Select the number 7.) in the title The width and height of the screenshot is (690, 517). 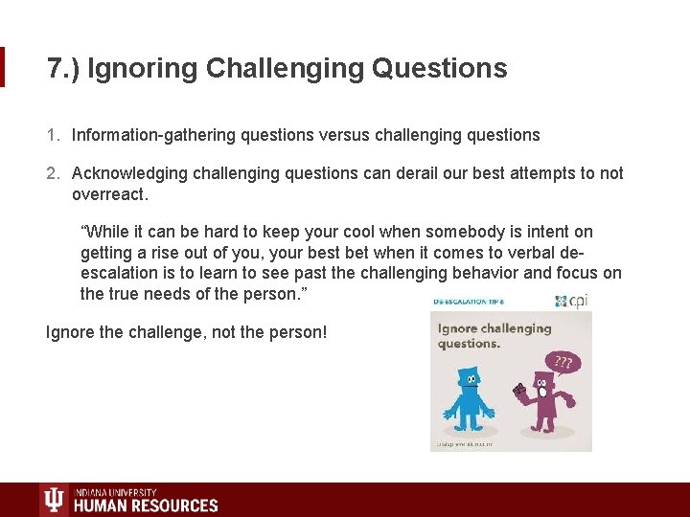[62, 69]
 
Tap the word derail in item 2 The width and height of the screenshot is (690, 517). [409, 173]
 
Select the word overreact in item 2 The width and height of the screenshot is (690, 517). [109, 193]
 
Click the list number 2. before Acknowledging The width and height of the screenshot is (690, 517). [54, 173]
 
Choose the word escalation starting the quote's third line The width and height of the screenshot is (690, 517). [121, 273]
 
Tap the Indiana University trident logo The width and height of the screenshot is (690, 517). [54, 499]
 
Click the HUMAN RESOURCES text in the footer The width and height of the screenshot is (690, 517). [146, 505]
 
